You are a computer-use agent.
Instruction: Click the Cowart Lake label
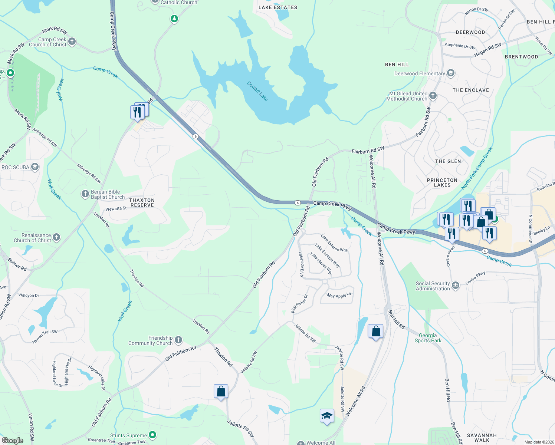click(257, 91)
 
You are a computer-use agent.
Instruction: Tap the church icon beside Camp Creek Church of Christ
click(72, 42)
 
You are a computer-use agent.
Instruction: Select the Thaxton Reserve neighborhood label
click(142, 202)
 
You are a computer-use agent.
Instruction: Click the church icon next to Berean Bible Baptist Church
click(85, 194)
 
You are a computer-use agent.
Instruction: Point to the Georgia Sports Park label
click(428, 338)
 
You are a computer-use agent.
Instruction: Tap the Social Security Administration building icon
click(456, 286)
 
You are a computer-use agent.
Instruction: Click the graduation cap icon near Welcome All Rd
click(327, 416)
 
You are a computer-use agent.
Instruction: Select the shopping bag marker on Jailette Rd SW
click(221, 392)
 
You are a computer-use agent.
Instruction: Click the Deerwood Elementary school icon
click(451, 73)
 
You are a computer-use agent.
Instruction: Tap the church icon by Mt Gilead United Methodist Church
click(433, 96)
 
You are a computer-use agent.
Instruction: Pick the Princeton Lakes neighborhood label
click(442, 182)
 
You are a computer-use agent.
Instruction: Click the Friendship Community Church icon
click(178, 340)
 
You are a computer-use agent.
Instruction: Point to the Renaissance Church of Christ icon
click(56, 237)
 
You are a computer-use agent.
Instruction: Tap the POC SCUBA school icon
click(35, 167)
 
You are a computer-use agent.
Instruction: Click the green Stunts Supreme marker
click(152, 435)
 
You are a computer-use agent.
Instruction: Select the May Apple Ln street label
click(339, 296)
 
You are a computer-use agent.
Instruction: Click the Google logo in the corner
click(13, 440)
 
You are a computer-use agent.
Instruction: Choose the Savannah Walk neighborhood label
click(482, 438)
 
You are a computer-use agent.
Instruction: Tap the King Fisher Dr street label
click(299, 304)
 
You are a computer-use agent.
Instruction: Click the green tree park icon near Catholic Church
click(174, 19)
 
